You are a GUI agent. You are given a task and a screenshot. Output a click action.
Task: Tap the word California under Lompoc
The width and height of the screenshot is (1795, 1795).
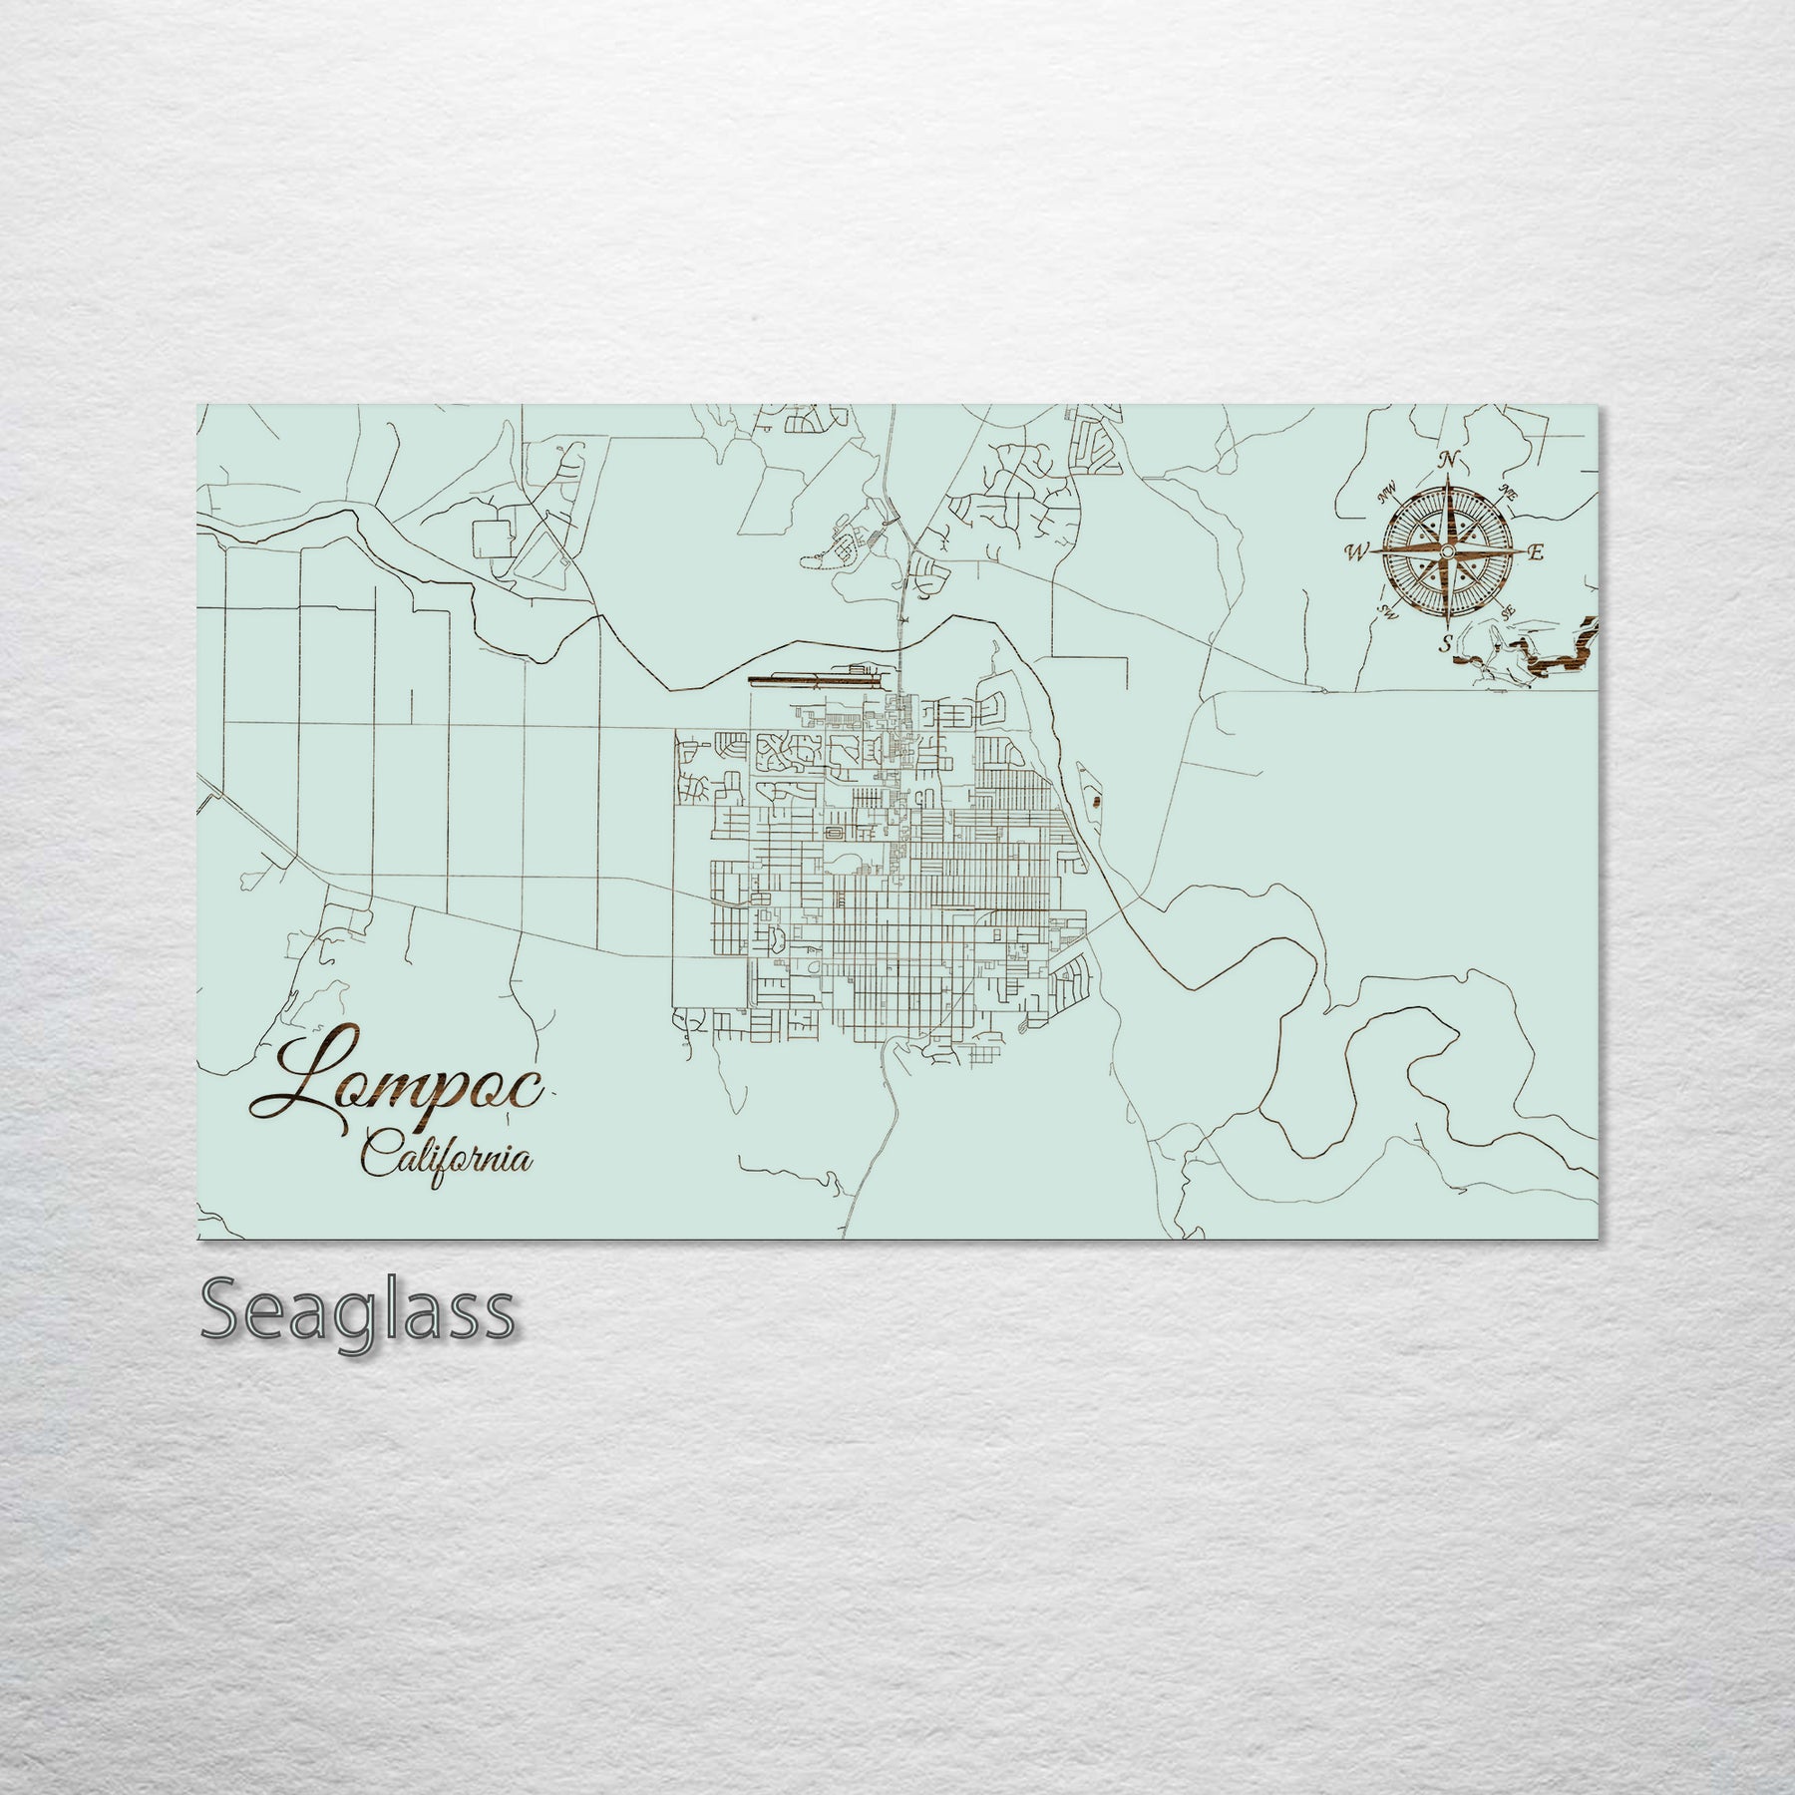(x=446, y=1159)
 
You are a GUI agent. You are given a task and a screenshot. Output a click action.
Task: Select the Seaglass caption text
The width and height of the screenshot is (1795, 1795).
(x=358, y=1311)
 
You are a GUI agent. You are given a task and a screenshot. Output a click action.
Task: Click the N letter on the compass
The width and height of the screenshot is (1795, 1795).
(x=1450, y=461)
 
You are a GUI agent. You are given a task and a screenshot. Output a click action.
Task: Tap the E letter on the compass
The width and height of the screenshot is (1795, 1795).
(x=1537, y=552)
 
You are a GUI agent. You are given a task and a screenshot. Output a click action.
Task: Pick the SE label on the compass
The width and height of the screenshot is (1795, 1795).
(x=1510, y=610)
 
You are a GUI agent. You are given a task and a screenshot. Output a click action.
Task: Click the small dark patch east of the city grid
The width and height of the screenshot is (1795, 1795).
(x=1097, y=800)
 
